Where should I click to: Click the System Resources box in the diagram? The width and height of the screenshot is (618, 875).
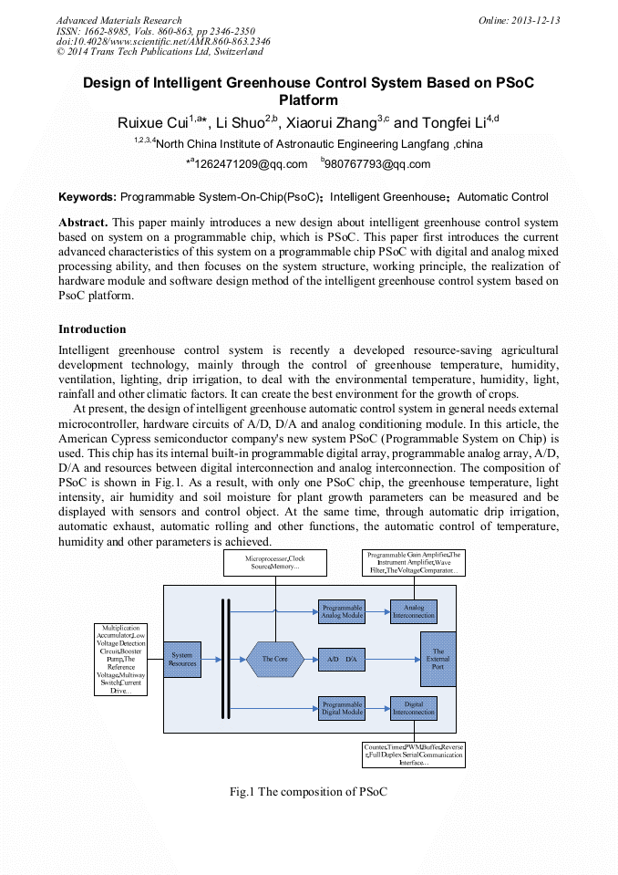182,659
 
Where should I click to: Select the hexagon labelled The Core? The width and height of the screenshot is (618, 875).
274,659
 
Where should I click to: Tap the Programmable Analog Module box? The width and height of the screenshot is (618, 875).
341,611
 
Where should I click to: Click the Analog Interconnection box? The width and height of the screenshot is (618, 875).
414,611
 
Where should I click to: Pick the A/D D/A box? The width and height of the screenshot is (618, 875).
341,659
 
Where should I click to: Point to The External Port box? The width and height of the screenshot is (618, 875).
438,659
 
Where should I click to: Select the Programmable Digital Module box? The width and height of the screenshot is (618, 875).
341,707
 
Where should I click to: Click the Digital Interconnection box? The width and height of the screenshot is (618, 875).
414,707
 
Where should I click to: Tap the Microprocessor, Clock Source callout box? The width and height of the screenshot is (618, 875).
274,562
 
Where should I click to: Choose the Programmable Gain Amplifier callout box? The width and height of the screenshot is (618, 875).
415,562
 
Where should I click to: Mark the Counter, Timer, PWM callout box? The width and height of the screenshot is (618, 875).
414,754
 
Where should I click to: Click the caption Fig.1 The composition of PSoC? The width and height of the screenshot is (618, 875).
308,791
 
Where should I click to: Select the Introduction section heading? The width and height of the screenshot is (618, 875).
92,328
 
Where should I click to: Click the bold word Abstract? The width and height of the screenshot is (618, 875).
83,223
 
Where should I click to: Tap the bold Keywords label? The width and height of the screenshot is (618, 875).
87,197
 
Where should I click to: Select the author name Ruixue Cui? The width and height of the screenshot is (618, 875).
153,123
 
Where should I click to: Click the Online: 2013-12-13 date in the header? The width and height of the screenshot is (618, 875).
519,20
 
